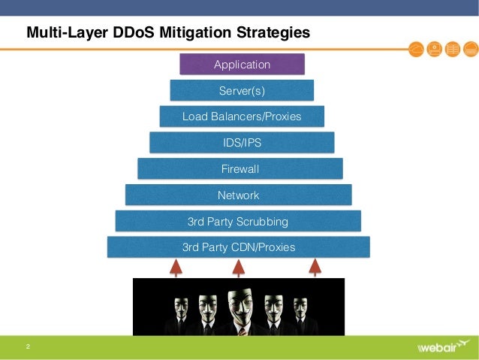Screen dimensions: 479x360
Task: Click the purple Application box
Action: (x=242, y=65)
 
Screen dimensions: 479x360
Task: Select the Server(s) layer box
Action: (x=242, y=91)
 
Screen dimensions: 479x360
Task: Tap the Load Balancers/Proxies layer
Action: (x=242, y=116)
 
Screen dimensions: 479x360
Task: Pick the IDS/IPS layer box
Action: (x=242, y=143)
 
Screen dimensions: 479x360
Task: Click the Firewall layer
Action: (x=240, y=169)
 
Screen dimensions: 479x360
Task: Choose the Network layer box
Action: (x=238, y=195)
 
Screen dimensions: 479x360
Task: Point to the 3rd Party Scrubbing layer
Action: (x=238, y=222)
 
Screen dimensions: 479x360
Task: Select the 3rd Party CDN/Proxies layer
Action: (x=238, y=247)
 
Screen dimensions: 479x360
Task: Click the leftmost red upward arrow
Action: (x=176, y=268)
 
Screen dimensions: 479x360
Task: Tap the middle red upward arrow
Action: (x=238, y=268)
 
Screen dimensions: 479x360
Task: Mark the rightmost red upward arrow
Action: (x=315, y=268)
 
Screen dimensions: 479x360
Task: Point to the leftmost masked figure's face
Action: (x=181, y=307)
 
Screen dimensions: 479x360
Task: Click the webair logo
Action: (x=444, y=348)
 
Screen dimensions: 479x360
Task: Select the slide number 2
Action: (x=28, y=347)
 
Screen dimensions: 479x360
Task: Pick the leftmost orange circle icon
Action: (x=417, y=50)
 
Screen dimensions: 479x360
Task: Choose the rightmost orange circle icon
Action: (x=470, y=50)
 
